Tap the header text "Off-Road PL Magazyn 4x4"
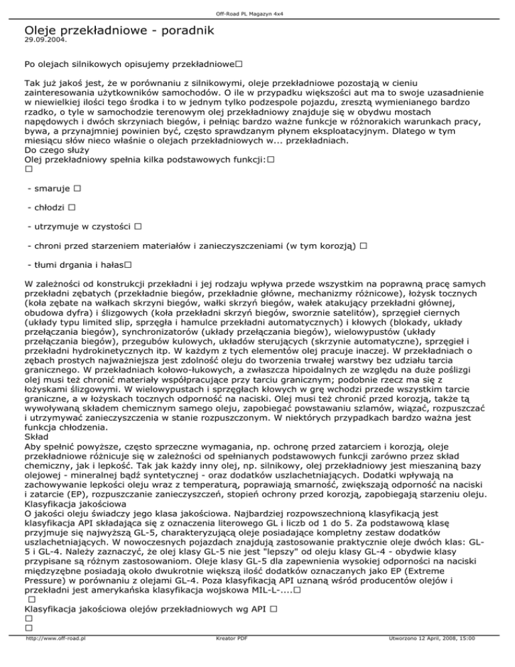[257, 6]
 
